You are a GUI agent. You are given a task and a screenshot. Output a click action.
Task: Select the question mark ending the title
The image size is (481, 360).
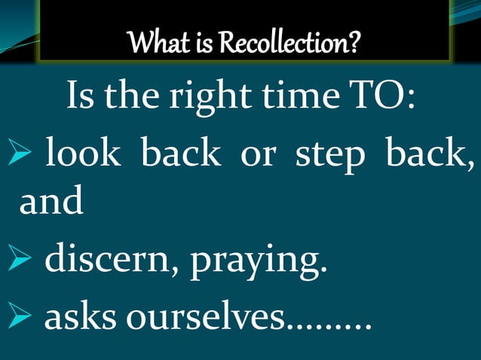[x=349, y=45]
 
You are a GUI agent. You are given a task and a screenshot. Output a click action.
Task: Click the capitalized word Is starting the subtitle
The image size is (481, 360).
[x=81, y=98]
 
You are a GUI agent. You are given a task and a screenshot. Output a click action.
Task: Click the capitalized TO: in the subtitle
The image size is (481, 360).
[x=381, y=98]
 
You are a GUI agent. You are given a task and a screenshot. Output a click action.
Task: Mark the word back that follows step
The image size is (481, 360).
[x=431, y=154]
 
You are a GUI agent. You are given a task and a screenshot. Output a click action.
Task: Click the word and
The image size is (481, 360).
[x=51, y=202]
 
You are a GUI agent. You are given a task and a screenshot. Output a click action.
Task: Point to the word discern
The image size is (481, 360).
[x=106, y=261]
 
